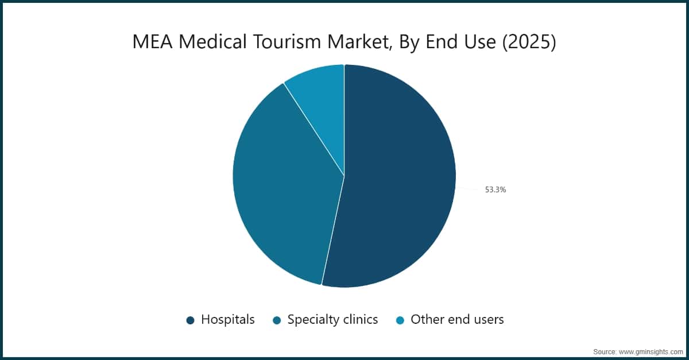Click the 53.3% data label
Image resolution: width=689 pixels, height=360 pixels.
click(x=495, y=189)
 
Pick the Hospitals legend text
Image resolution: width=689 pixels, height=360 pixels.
click(x=227, y=320)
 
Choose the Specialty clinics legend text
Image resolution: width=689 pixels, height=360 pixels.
click(x=332, y=320)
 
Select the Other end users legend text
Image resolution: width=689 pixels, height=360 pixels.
click(x=457, y=320)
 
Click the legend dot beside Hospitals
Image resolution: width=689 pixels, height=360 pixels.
click(x=191, y=320)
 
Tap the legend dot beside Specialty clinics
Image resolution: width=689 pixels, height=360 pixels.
click(x=277, y=320)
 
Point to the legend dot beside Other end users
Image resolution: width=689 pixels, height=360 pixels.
click(x=400, y=320)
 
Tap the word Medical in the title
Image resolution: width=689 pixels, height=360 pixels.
click(x=213, y=42)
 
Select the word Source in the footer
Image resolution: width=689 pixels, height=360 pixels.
click(x=605, y=351)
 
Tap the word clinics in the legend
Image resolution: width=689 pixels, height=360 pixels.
click(x=358, y=320)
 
